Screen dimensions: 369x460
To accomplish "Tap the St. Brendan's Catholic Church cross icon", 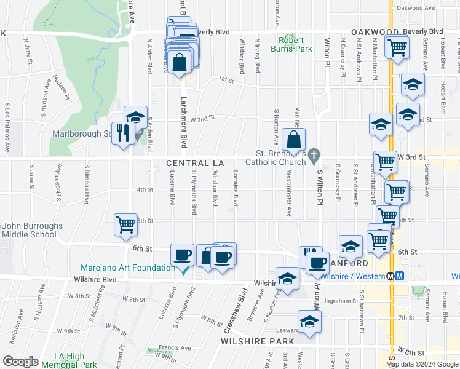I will coord(314,154).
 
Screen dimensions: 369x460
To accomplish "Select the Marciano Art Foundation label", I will coord(127,268).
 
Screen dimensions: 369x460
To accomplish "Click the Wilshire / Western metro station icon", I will coord(399,276).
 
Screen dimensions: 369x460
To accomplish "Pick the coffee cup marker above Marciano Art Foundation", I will coord(182,255).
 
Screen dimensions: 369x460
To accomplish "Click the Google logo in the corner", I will coord(20,362).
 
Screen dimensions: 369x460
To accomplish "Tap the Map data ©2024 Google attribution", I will coord(422,364).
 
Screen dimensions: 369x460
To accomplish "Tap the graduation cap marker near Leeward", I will coord(309,321).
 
